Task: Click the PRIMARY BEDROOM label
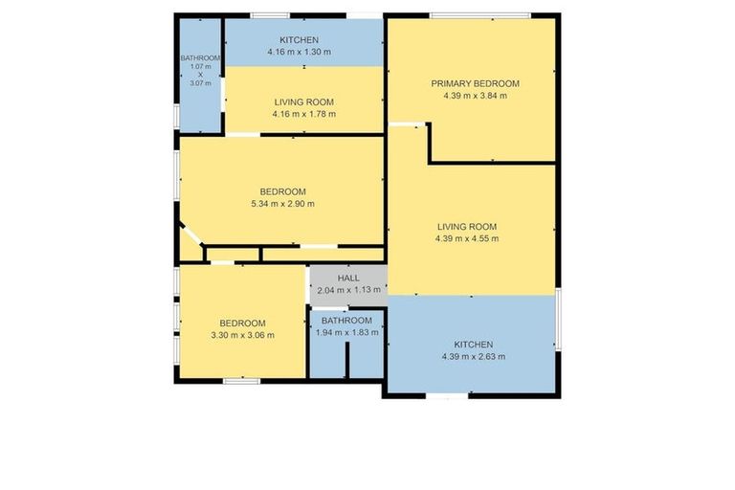(474, 83)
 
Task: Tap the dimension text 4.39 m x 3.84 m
(474, 96)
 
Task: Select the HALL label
(346, 278)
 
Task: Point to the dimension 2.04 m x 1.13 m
(346, 290)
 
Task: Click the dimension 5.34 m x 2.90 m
(281, 203)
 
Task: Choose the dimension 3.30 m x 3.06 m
(241, 335)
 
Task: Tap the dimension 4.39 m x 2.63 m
(473, 356)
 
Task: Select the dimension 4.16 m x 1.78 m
(303, 114)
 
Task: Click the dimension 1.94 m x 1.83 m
(346, 332)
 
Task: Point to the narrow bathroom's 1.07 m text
(201, 66)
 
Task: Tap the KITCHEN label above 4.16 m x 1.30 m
(299, 40)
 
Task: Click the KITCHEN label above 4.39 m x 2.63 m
(473, 344)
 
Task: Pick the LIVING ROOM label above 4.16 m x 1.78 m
(303, 101)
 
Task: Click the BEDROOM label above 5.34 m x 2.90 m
(281, 190)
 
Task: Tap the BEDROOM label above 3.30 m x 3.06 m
(241, 323)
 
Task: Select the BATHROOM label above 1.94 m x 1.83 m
(346, 320)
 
